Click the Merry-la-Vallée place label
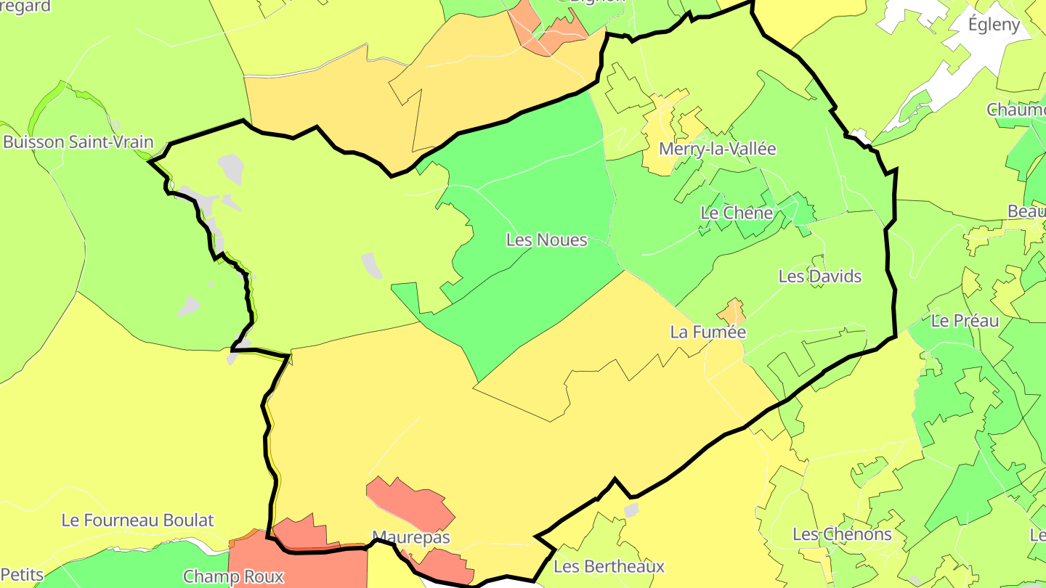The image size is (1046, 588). click(717, 150)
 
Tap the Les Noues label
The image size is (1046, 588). click(546, 240)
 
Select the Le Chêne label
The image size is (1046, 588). click(736, 213)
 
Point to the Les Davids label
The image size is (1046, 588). click(819, 277)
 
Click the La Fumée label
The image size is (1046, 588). click(708, 332)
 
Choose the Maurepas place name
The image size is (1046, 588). click(410, 538)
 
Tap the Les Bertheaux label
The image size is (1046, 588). click(609, 566)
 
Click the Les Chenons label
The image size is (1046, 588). click(842, 535)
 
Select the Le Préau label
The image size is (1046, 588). click(965, 321)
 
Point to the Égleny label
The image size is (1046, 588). click(994, 25)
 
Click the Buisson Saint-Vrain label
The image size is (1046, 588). click(78, 142)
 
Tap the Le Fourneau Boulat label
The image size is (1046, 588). click(137, 520)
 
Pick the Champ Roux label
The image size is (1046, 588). click(232, 577)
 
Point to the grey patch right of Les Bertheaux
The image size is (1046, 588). click(631, 511)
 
